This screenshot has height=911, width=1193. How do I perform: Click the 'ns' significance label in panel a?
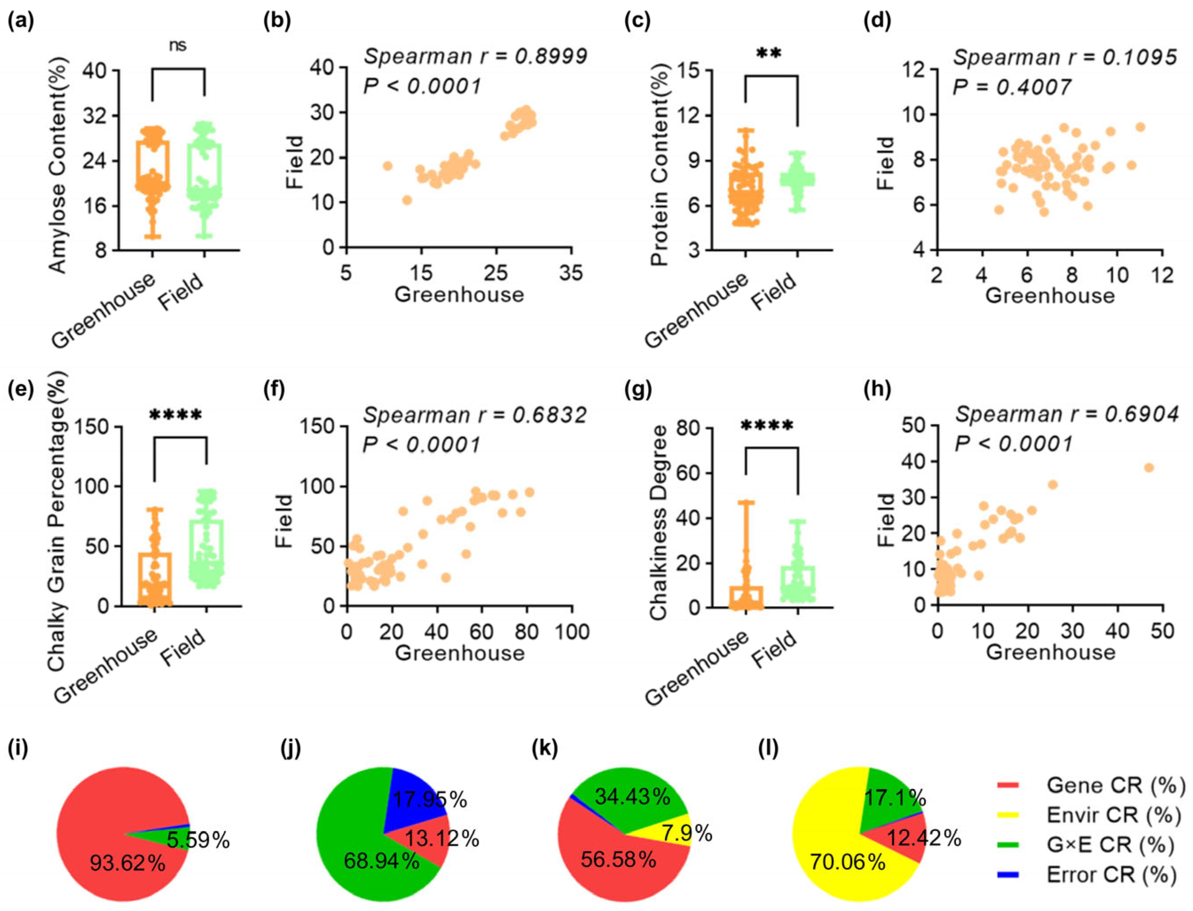(178, 46)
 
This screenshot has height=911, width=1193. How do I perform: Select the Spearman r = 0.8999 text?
(475, 56)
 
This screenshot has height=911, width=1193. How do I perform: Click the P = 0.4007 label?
(1012, 87)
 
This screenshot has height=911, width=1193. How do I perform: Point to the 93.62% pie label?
(127, 863)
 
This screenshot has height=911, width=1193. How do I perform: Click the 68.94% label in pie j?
(381, 860)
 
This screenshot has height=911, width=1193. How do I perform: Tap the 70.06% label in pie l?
(847, 861)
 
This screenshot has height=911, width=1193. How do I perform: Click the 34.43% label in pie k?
(632, 797)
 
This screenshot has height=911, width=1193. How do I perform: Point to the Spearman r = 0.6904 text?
(1066, 415)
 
